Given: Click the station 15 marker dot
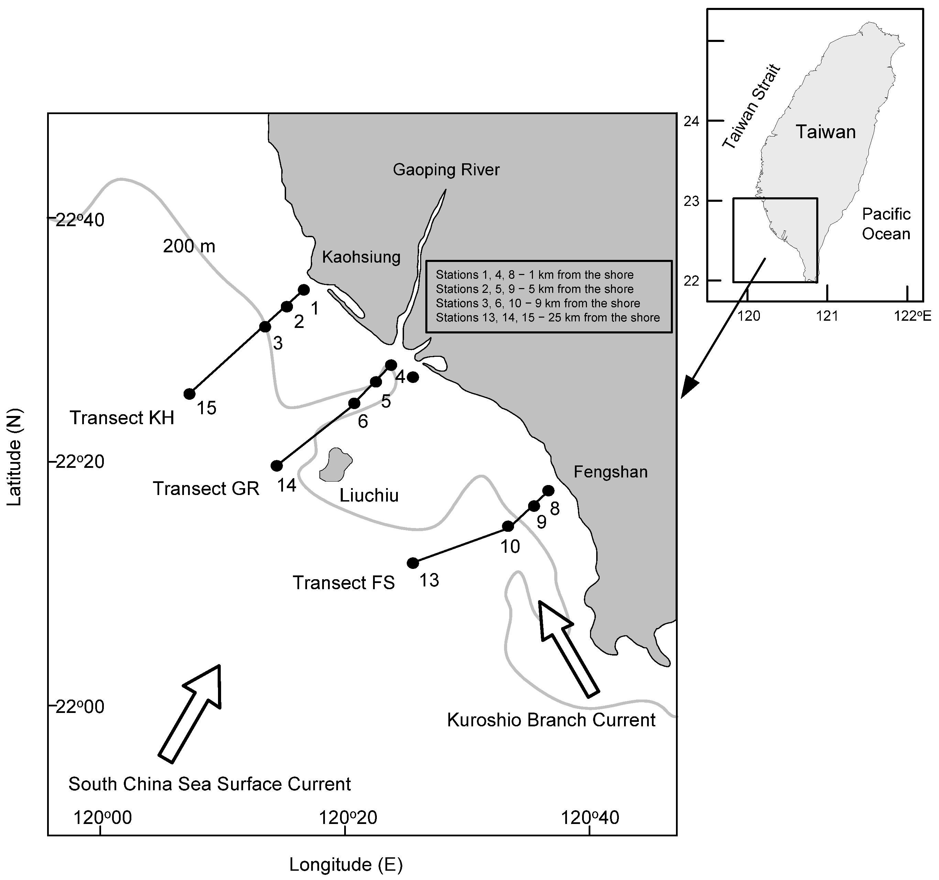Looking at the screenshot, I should click(x=189, y=394).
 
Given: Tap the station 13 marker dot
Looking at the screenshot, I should click(x=413, y=563).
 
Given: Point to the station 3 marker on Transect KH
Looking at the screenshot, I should click(x=265, y=327).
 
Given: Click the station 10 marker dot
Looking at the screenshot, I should click(x=508, y=526).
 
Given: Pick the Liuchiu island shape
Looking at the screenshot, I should click(x=336, y=465).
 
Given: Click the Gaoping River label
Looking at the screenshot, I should click(x=446, y=169).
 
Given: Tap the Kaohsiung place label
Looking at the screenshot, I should click(x=361, y=257).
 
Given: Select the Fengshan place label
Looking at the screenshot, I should click(x=610, y=472).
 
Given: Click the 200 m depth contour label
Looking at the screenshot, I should click(x=189, y=246).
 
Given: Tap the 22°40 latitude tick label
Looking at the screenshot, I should click(x=80, y=220).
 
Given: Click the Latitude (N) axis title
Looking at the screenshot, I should click(x=15, y=456).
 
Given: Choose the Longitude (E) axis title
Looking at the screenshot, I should click(x=346, y=865).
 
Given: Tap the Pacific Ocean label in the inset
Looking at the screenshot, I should click(x=886, y=224).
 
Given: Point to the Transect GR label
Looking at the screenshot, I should click(x=206, y=488).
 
